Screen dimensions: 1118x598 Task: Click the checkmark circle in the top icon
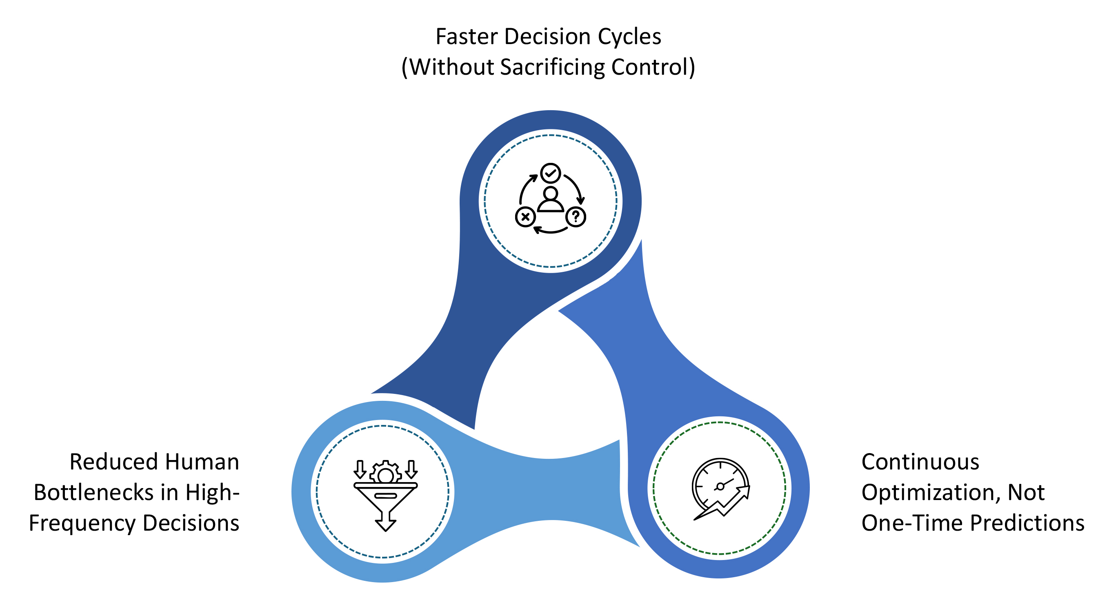550,173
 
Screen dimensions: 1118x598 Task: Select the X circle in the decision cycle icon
525,217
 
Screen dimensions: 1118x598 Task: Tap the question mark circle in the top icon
576,217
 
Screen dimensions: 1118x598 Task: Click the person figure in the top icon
550,200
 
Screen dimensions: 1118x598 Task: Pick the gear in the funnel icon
385,472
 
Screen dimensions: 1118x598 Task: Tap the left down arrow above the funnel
360,469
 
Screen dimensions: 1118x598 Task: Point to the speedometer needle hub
720,487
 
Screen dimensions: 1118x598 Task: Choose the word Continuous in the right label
920,462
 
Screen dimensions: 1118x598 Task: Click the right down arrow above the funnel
411,469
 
